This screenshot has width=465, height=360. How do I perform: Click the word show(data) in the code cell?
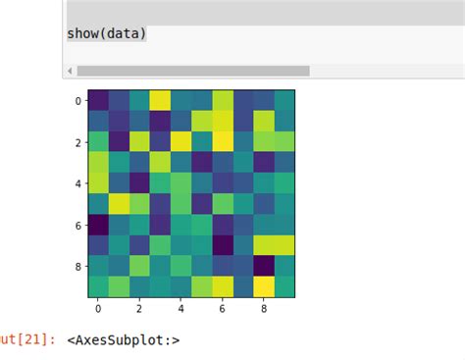[x=106, y=33]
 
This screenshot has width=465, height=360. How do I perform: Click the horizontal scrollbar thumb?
[x=192, y=71]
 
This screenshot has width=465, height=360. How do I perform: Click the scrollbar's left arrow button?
[x=69, y=71]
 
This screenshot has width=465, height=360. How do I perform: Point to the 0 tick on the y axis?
[x=78, y=100]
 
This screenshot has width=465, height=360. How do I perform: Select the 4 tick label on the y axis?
[x=78, y=183]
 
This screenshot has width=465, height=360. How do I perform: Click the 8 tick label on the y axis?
[x=78, y=266]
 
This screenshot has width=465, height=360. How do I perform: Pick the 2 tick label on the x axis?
[x=139, y=308]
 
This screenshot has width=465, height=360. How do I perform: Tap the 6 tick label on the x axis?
[x=223, y=308]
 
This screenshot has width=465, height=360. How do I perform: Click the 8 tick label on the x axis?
[x=264, y=308]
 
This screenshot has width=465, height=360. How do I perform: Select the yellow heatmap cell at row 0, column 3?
[x=160, y=100]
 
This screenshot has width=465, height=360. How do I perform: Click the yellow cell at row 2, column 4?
[x=181, y=141]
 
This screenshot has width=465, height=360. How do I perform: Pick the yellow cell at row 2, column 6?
[x=223, y=141]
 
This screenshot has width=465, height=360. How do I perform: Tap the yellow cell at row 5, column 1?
[x=119, y=204]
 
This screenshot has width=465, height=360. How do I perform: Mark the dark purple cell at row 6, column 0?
[x=98, y=225]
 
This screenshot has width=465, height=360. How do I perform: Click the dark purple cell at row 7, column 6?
[x=223, y=245]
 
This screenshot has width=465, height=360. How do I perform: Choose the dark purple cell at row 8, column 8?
[x=264, y=266]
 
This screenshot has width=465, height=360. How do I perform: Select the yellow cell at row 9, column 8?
[x=264, y=286]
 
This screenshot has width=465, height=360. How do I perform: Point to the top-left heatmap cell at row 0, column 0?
[x=98, y=100]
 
